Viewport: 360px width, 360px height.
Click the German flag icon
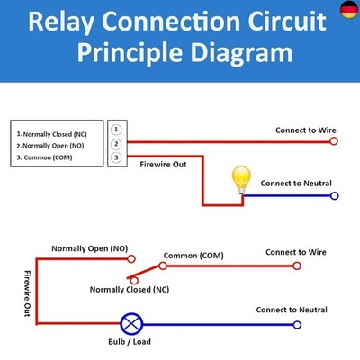pyautogui.click(x=350, y=10)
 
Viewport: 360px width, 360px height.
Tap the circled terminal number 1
pyautogui.click(x=116, y=130)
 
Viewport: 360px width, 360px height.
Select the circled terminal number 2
pyautogui.click(x=116, y=144)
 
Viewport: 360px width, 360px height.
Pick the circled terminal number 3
pyautogui.click(x=116, y=157)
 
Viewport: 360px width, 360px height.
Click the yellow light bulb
pyautogui.click(x=241, y=180)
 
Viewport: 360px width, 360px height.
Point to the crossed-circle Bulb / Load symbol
pyautogui.click(x=131, y=324)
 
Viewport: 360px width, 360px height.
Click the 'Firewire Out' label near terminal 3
pyautogui.click(x=163, y=165)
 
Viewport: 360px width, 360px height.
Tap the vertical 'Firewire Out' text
pyautogui.click(x=27, y=293)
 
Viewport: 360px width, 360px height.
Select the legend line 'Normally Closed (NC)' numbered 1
pyautogui.click(x=52, y=134)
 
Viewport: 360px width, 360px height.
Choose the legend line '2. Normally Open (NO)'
pyautogui.click(x=50, y=146)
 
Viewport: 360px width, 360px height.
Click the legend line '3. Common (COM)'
pyautogui.click(x=44, y=157)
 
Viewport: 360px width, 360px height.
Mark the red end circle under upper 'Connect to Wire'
pyautogui.click(x=334, y=141)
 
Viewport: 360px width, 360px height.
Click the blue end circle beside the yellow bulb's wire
pyautogui.click(x=335, y=196)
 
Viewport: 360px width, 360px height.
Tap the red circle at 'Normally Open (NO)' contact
pyautogui.click(x=131, y=258)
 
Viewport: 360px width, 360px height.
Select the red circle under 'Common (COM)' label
pyautogui.click(x=163, y=265)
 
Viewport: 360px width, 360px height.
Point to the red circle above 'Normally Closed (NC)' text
pyautogui.click(x=134, y=281)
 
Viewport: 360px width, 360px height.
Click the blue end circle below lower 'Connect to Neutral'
pyautogui.click(x=297, y=325)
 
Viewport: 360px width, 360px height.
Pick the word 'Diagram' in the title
pyautogui.click(x=241, y=53)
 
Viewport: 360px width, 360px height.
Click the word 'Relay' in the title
pyautogui.click(x=61, y=22)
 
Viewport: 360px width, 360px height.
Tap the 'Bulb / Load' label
pyautogui.click(x=130, y=342)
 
